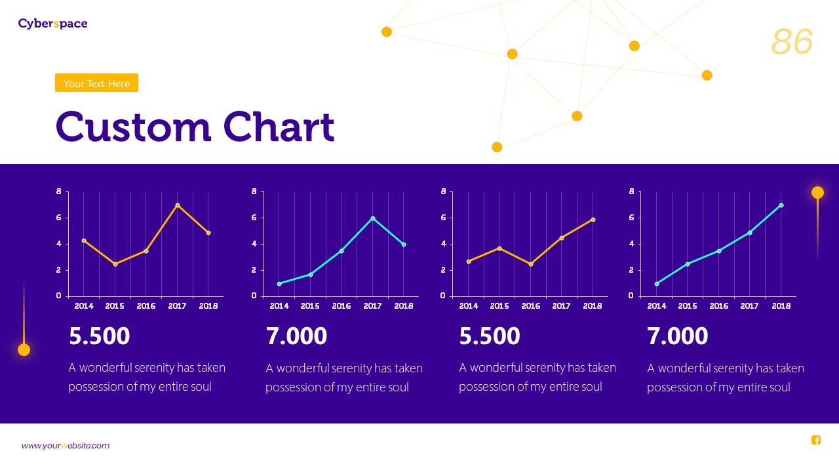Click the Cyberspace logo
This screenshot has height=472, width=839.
(52, 24)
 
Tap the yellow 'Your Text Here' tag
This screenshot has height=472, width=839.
(96, 83)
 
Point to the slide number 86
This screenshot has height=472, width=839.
(792, 42)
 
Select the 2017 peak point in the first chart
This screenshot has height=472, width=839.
(178, 206)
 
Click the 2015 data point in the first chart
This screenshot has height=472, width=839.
(115, 264)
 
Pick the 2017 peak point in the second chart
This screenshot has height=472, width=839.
(373, 218)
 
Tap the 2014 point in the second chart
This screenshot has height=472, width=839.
(279, 284)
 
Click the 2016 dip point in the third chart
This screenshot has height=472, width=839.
(531, 264)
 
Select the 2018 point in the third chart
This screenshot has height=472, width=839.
(593, 220)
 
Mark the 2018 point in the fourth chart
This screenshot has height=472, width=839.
(781, 205)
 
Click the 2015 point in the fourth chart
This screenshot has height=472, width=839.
(688, 264)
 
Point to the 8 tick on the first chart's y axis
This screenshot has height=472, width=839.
(59, 191)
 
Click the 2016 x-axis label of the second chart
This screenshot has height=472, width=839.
(341, 306)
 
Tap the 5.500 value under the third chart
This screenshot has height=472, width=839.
(490, 336)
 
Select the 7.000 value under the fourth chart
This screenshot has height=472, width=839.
(678, 336)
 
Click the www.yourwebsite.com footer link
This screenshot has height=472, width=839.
(66, 446)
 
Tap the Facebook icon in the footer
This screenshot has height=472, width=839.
(816, 440)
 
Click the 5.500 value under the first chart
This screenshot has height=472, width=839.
(100, 336)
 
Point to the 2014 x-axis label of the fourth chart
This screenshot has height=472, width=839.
(657, 306)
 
